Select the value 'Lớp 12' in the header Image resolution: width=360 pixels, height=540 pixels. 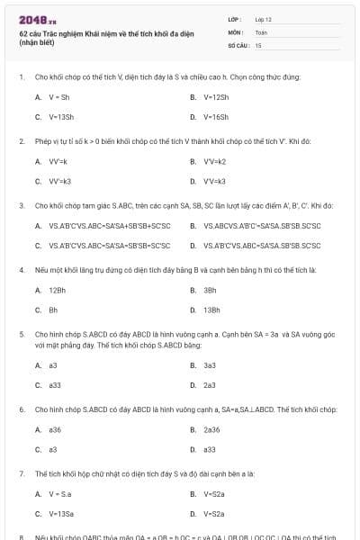pyautogui.click(x=263, y=18)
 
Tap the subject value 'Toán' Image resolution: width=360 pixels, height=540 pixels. pyautogui.click(x=261, y=31)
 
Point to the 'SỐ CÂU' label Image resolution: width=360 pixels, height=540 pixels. pyautogui.click(x=237, y=44)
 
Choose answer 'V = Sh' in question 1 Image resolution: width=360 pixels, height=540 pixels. pyautogui.click(x=59, y=96)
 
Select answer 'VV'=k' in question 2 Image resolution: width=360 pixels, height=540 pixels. pyautogui.click(x=59, y=161)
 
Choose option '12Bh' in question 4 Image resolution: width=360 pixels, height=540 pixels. pyautogui.click(x=57, y=290)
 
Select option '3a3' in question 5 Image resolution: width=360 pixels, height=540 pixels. pyautogui.click(x=210, y=365)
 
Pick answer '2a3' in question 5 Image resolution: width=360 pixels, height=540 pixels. pyautogui.click(x=210, y=385)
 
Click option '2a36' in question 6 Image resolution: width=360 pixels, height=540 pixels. pyautogui.click(x=211, y=429)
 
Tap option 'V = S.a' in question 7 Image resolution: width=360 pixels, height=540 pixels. pyautogui.click(x=61, y=493)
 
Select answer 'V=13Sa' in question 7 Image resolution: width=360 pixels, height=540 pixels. pyautogui.click(x=61, y=514)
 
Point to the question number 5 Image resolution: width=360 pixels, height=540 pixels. pyautogui.click(x=22, y=333)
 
